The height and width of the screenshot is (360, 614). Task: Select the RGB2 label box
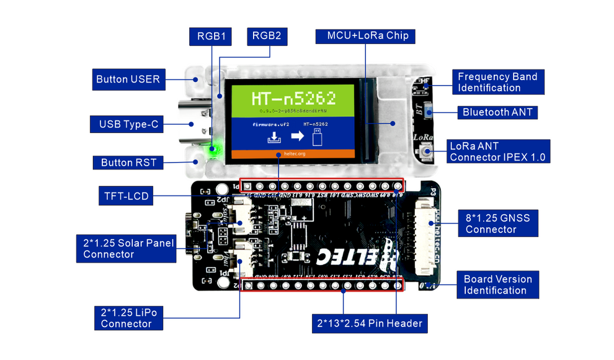point(266,36)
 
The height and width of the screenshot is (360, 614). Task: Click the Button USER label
point(128,79)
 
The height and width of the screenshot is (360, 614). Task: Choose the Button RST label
point(128,163)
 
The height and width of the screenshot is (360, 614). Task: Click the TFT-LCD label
point(126,196)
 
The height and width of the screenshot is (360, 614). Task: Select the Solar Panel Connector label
point(127,248)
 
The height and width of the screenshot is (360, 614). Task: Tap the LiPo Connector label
point(128,318)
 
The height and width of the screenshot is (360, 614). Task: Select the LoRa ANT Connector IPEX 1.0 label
point(497,151)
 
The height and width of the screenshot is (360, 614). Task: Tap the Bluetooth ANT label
point(497,112)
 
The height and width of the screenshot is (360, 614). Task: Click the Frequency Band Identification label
point(497,82)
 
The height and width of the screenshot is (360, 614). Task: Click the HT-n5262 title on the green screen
point(293,97)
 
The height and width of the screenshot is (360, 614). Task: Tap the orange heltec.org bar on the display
point(292,153)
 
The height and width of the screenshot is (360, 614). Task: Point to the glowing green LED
point(215,148)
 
